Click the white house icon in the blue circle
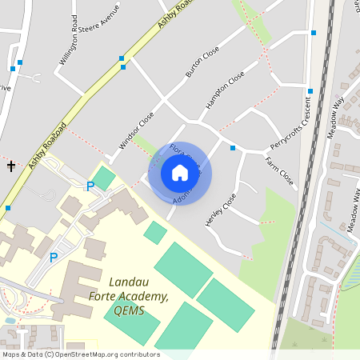[x=179, y=173]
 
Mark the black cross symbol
[x=11, y=166]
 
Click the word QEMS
[x=129, y=310]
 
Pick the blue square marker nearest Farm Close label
[x=233, y=148]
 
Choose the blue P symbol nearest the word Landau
[x=54, y=258]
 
